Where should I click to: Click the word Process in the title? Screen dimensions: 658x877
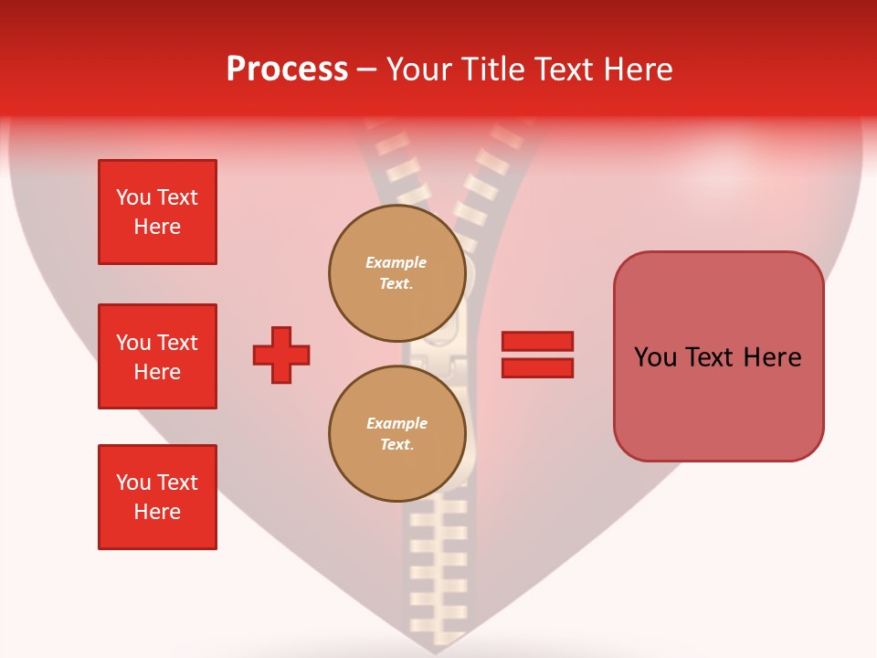[287, 69]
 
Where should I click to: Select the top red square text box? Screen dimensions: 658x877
[157, 212]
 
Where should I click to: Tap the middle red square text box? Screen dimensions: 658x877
[157, 356]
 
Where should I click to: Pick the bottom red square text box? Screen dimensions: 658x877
[157, 497]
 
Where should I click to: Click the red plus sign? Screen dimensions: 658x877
[281, 355]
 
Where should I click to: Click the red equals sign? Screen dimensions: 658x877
[537, 355]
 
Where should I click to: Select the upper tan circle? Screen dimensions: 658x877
[397, 273]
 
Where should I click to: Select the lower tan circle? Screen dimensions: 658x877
[397, 434]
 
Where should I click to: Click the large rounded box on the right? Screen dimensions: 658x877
[718, 356]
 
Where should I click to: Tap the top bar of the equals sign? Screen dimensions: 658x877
[537, 341]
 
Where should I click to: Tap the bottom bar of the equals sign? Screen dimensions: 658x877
[537, 368]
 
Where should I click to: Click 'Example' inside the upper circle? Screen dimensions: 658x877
[396, 262]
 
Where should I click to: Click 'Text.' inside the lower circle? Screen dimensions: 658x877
[396, 445]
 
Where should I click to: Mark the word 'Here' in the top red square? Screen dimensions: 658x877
[157, 227]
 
